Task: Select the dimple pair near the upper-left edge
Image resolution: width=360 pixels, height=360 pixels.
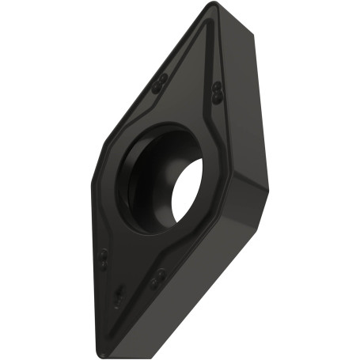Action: coord(161,81)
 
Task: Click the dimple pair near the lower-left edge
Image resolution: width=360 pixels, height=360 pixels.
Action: coord(104,257)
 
